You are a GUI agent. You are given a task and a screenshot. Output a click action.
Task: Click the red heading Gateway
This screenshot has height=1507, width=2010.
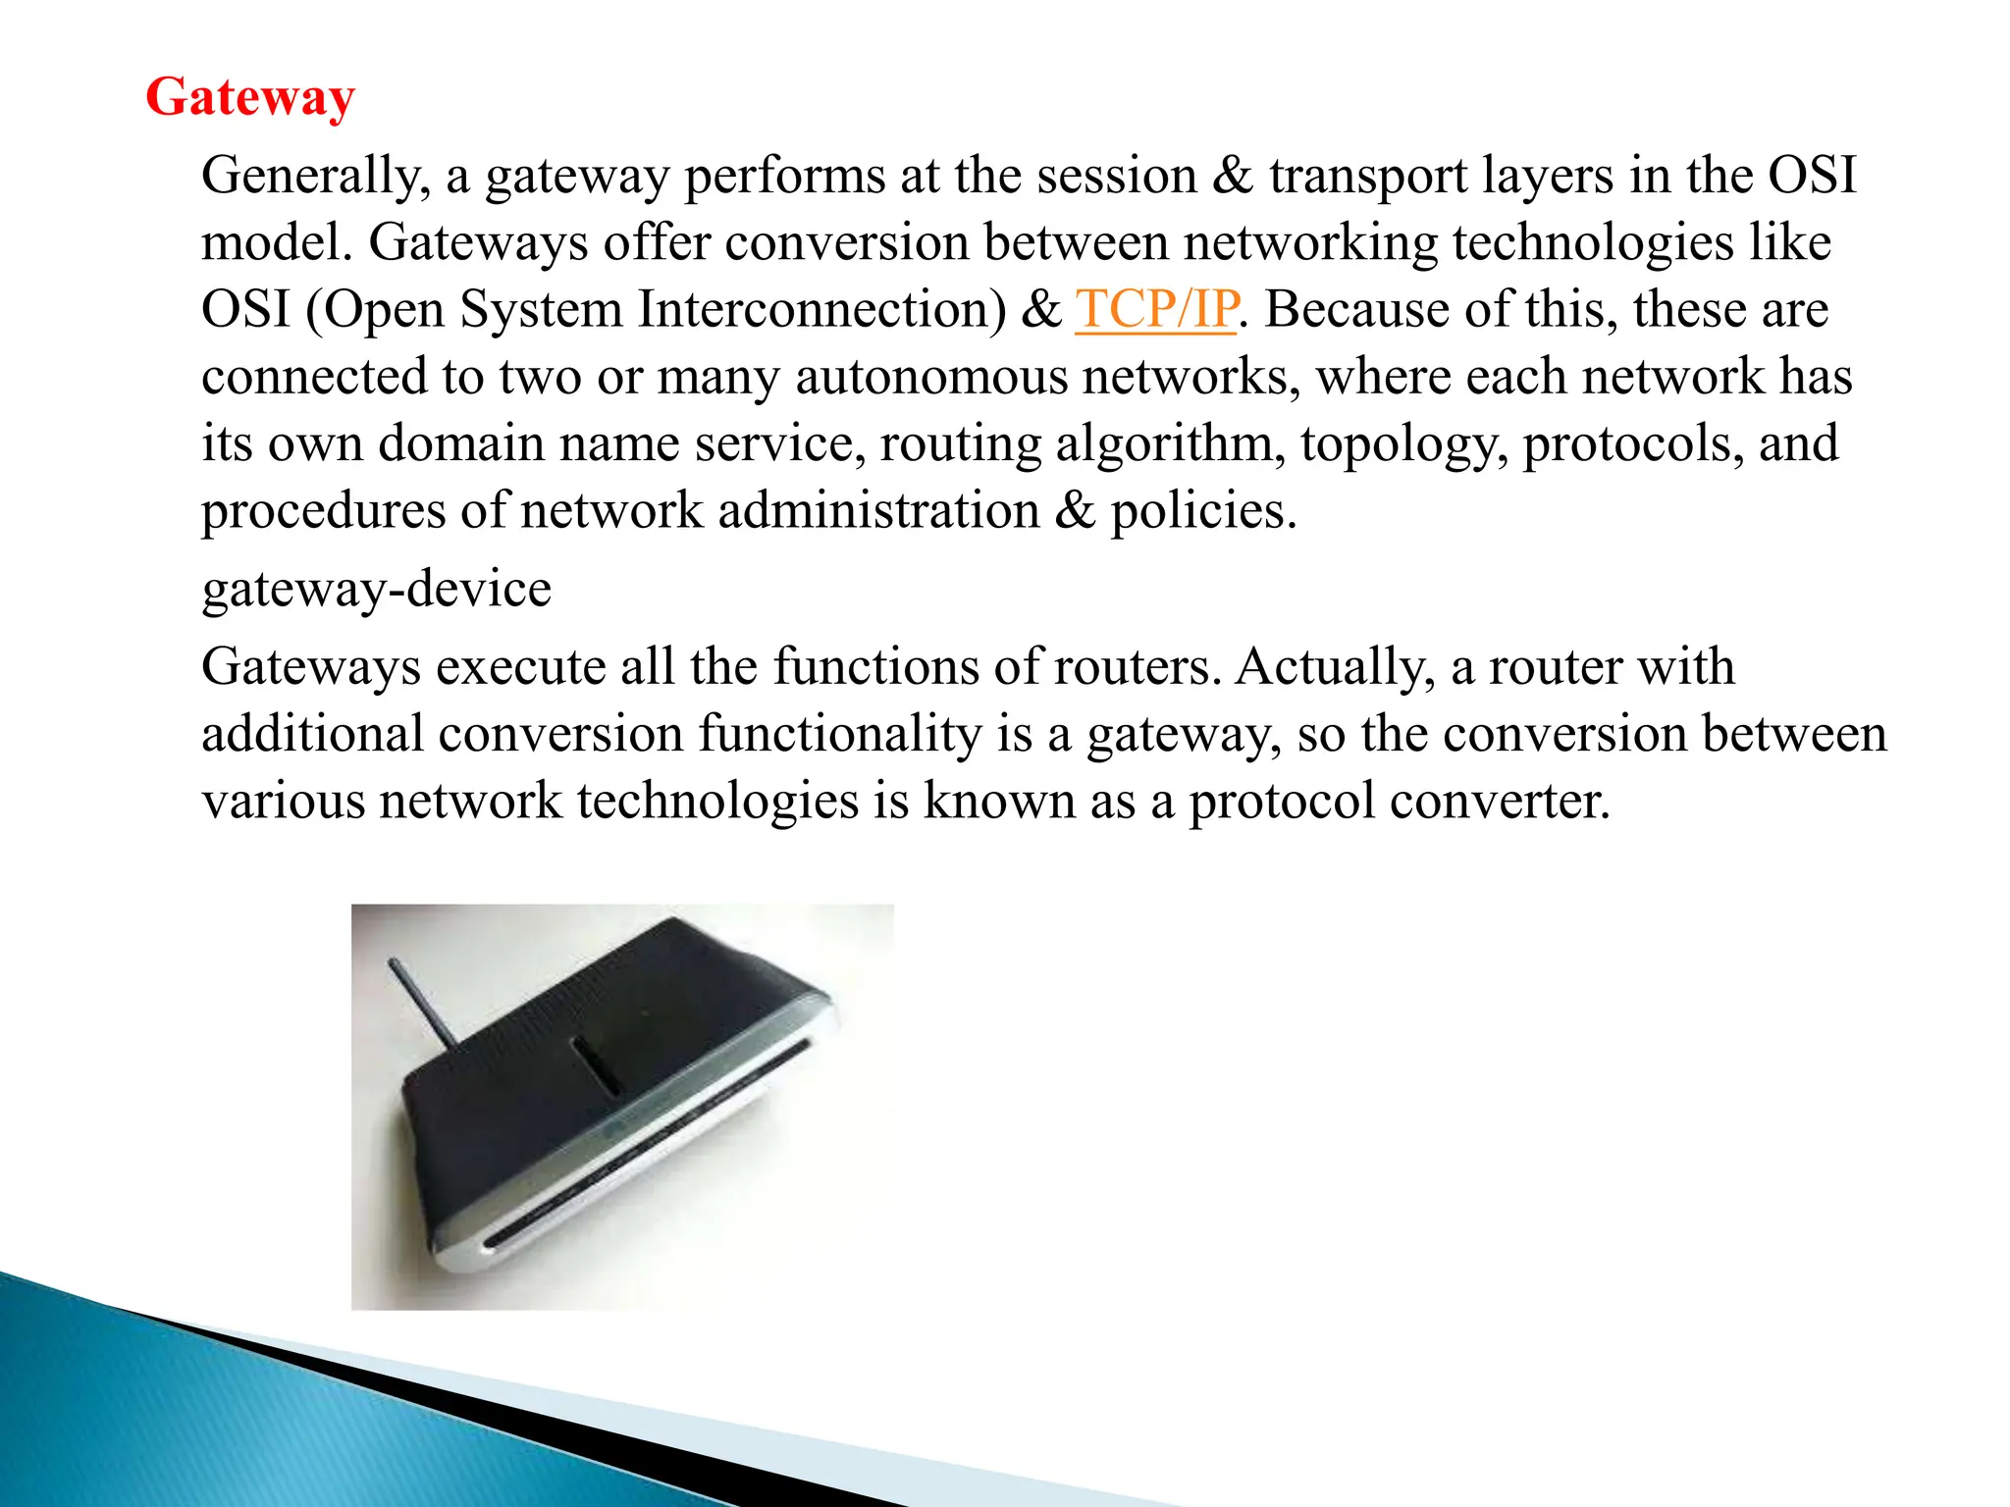pos(250,98)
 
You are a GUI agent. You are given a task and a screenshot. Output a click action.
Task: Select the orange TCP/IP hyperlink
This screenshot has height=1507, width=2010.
pos(1156,310)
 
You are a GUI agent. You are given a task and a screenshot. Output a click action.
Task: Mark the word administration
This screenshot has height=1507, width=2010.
pos(878,511)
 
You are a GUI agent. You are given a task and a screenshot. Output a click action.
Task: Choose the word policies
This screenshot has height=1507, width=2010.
pos(1202,511)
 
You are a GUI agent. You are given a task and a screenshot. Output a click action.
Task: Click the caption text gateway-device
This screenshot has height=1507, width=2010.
pos(377,590)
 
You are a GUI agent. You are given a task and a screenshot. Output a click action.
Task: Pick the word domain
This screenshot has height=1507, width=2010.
pos(460,444)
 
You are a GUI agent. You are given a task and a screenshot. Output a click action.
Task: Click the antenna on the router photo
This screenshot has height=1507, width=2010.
pos(423,1004)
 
